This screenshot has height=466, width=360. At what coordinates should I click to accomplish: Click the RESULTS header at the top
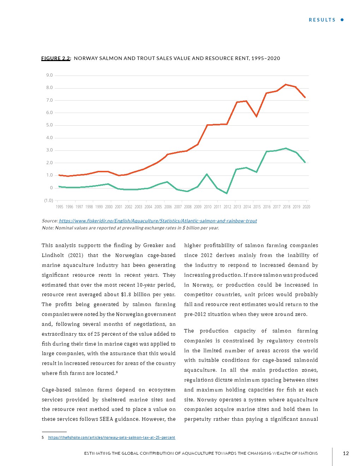click(322, 20)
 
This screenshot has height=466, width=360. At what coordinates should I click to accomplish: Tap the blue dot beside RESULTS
click(342, 20)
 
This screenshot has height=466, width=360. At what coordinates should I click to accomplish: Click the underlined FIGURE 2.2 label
click(56, 58)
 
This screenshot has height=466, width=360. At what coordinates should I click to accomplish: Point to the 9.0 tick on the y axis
click(49, 75)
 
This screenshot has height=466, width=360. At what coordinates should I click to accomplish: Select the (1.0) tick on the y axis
click(48, 201)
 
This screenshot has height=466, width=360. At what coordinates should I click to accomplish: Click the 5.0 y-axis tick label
click(49, 125)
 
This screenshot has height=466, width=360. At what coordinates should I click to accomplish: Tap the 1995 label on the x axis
click(59, 207)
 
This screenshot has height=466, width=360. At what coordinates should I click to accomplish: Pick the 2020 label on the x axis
click(306, 207)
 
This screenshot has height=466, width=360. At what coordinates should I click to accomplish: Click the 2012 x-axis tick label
click(227, 207)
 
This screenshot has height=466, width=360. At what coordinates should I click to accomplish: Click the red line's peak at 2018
click(286, 84)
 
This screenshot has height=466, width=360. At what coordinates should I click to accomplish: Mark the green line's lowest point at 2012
click(227, 193)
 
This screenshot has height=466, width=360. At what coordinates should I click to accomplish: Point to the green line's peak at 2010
click(207, 174)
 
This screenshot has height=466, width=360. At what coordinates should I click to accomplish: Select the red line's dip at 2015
click(257, 116)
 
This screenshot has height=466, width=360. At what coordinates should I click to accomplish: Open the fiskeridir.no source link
click(158, 221)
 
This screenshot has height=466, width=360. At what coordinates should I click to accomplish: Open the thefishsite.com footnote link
click(112, 437)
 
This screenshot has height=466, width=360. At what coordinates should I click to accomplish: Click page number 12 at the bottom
click(346, 453)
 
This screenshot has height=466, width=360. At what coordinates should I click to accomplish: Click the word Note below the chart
click(47, 228)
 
